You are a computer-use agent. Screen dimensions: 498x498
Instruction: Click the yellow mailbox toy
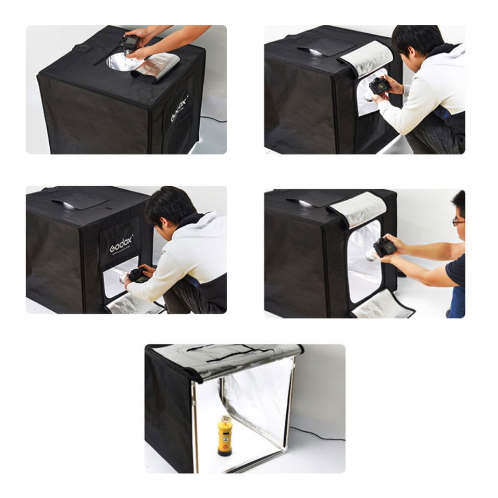point(225,438)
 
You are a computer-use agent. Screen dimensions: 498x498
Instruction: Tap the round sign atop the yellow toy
point(225,418)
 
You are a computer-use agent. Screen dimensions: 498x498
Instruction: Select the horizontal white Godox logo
point(121,243)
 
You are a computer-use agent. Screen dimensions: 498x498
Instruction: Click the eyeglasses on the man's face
point(458,222)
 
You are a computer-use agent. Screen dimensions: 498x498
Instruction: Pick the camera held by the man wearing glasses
point(383,247)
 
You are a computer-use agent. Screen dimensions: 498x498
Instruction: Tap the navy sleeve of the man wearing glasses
point(457,270)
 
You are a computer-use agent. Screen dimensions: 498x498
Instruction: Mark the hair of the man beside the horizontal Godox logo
point(169,205)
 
